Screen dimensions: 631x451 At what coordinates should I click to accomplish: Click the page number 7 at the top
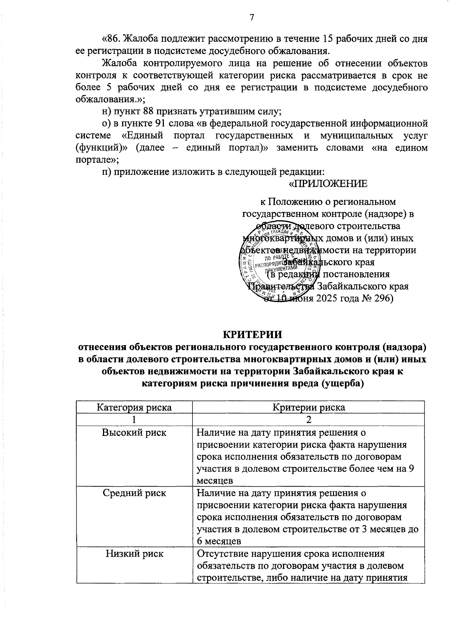252,18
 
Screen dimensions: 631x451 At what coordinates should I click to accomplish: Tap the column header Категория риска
134,407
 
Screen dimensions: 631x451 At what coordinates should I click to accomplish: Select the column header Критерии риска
309,407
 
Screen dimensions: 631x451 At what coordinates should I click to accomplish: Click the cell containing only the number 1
134,419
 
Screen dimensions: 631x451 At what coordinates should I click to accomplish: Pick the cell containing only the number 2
309,419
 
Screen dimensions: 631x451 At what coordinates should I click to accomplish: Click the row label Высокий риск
134,433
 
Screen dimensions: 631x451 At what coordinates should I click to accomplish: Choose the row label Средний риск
134,493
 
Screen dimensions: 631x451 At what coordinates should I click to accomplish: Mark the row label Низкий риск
134,553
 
